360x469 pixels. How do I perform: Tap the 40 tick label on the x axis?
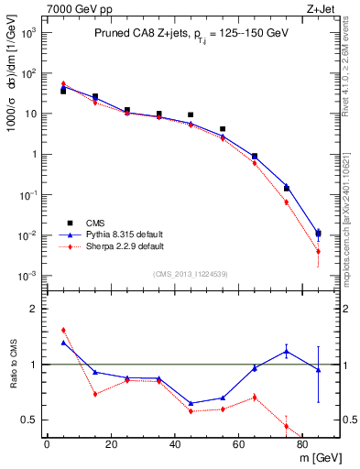[174, 444]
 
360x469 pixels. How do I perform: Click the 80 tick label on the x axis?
[302, 444]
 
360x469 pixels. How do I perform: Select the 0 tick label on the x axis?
[47, 444]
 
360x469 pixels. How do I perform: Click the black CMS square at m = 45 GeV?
[191, 115]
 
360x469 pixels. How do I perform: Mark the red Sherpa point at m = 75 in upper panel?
[287, 202]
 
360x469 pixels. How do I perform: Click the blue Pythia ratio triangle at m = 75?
[287, 351]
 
